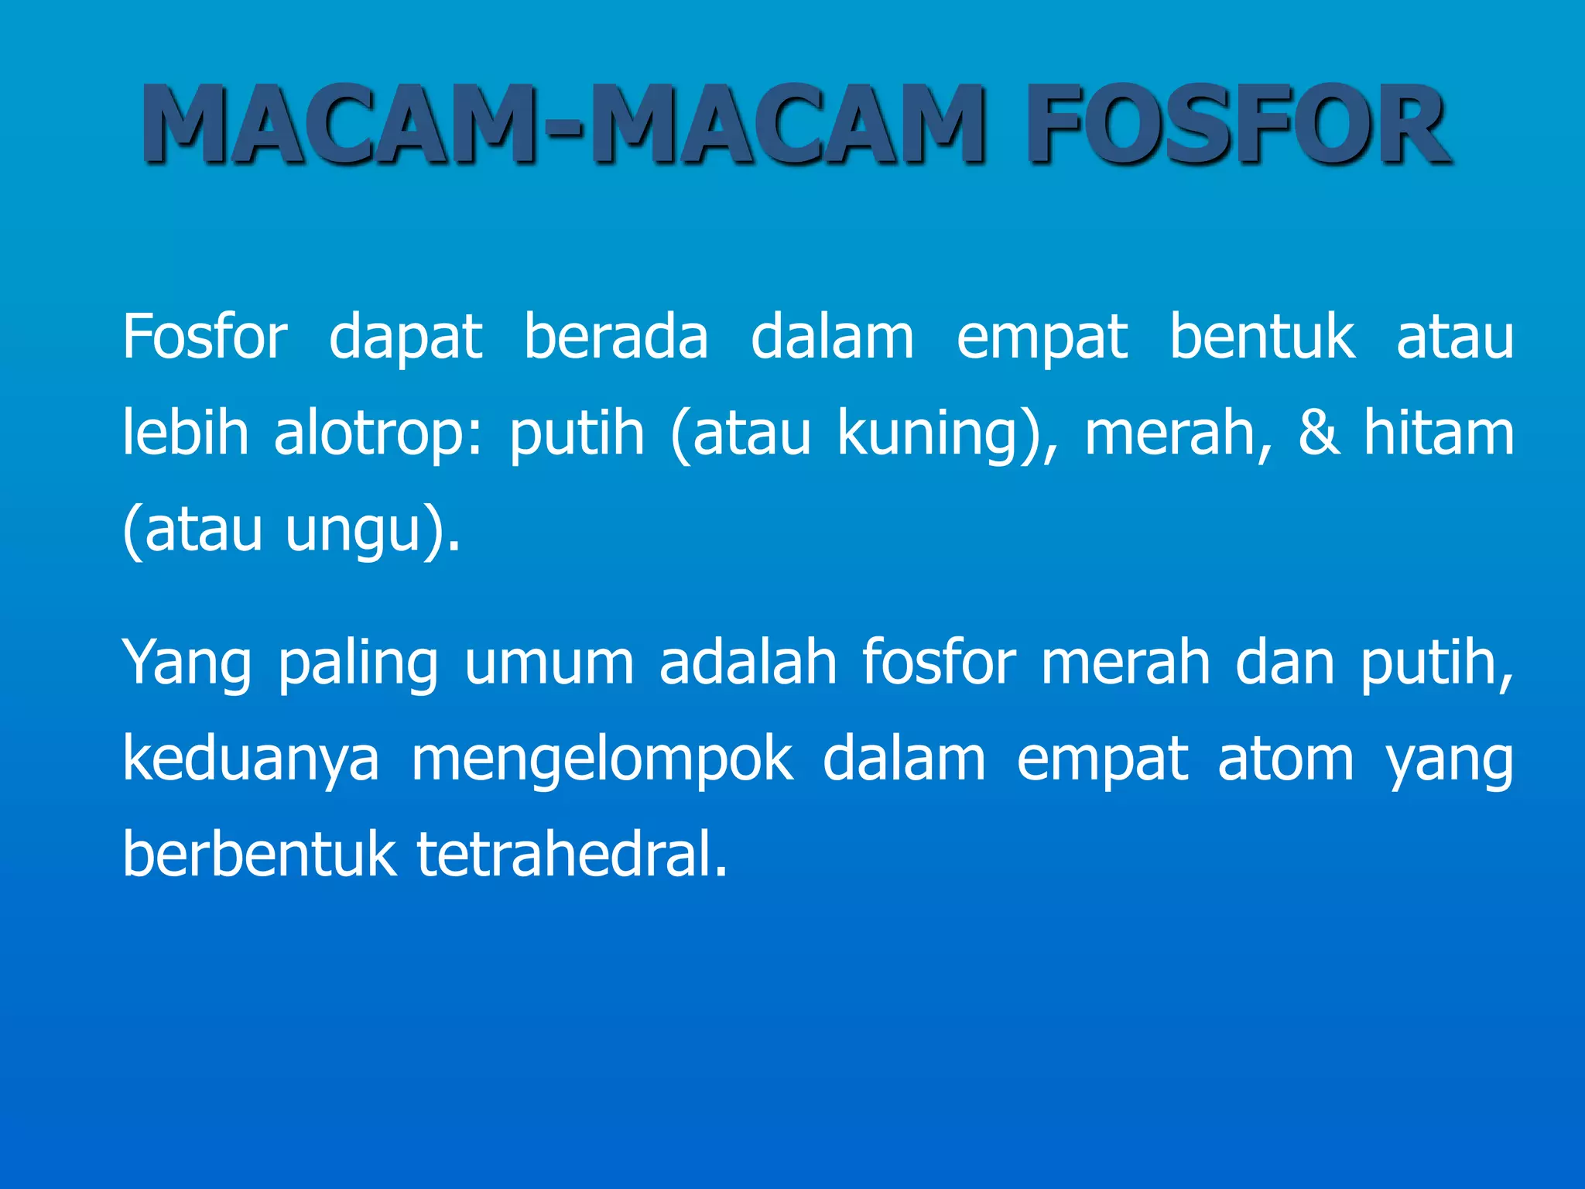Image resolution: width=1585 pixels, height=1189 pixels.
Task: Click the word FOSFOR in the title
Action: pos(1238,125)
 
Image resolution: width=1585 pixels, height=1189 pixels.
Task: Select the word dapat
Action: pos(406,338)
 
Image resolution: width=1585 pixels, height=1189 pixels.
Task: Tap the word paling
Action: pos(358,664)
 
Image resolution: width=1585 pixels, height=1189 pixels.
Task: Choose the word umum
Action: pos(549,664)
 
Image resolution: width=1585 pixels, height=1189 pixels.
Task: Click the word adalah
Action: pos(748,663)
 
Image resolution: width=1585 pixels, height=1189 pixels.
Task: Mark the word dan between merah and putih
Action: pos(1285,663)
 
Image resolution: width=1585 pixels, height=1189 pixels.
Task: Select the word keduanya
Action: pos(251,760)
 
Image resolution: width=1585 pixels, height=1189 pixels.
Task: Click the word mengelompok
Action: pos(602,760)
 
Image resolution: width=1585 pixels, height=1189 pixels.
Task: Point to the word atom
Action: pos(1285,759)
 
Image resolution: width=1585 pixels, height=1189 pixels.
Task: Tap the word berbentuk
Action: pos(258,855)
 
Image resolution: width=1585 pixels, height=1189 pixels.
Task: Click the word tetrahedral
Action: pos(571,855)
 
